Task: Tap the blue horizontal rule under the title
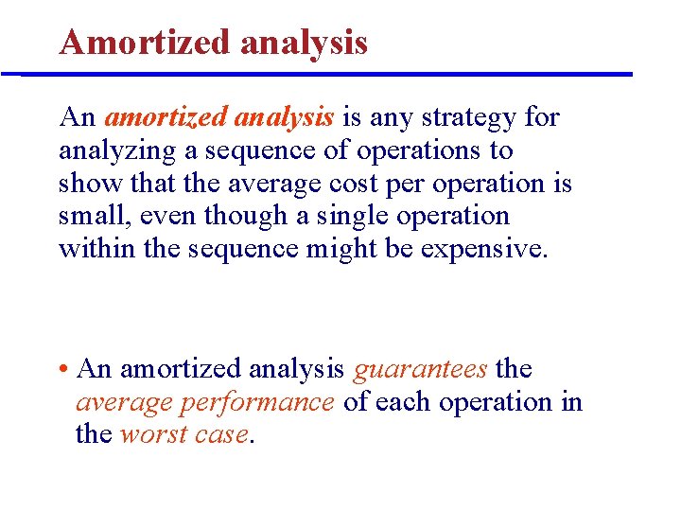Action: coord(326,74)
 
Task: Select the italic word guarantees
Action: coord(420,369)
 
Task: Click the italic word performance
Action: coord(257,402)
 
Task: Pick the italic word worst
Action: coord(154,435)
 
